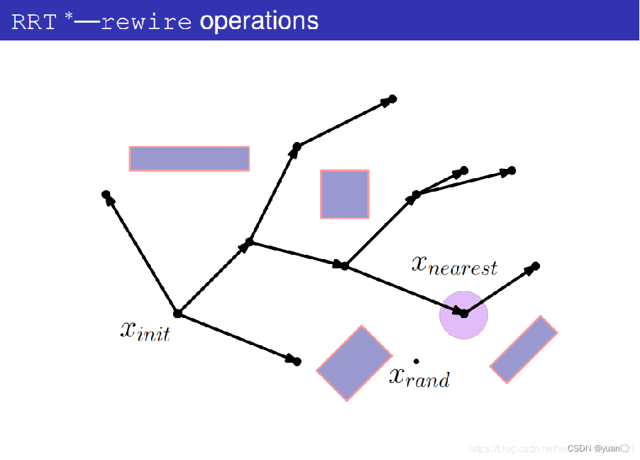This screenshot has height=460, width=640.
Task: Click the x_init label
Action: tap(145, 331)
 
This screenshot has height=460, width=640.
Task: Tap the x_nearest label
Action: tap(455, 265)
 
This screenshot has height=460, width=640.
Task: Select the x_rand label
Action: tap(419, 377)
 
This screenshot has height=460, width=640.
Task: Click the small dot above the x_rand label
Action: tap(416, 361)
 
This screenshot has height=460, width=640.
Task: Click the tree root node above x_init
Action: tap(177, 313)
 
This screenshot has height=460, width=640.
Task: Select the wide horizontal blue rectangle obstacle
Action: tap(189, 158)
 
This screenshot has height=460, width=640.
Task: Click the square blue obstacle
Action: tap(345, 194)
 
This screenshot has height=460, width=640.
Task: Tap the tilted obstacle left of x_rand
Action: tap(354, 363)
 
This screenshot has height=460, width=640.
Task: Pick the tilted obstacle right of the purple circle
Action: tap(524, 349)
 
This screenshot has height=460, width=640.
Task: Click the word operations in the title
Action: tap(259, 21)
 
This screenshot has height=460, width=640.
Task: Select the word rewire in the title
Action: tap(146, 22)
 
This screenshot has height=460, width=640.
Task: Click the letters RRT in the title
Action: tap(33, 22)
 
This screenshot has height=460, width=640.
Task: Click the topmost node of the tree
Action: tap(392, 99)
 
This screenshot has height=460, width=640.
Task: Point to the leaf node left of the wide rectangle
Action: tap(106, 194)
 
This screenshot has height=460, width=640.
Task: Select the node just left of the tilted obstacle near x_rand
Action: tap(297, 362)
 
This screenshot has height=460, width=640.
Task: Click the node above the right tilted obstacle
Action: tap(536, 265)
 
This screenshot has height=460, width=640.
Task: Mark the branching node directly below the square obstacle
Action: tap(345, 266)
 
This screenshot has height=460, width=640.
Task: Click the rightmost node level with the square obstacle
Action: tap(512, 170)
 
